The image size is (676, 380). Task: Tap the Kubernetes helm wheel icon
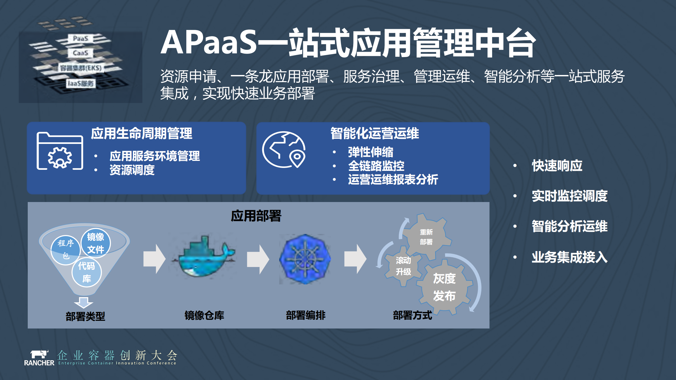(x=305, y=259)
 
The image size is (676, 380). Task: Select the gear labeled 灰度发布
(x=444, y=287)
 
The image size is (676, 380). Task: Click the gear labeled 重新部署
(x=426, y=237)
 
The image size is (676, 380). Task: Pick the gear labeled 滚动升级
(x=403, y=266)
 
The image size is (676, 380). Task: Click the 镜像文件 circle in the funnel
(x=96, y=243)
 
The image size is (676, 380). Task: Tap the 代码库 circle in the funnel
(x=87, y=272)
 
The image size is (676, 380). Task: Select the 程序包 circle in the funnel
(x=65, y=249)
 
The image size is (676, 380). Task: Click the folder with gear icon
(x=60, y=151)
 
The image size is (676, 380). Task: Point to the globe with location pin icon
(x=284, y=150)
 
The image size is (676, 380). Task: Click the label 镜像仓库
(x=204, y=315)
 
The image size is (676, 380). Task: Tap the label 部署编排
(x=306, y=315)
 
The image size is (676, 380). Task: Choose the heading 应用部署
(x=256, y=216)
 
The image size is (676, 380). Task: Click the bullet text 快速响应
(x=557, y=166)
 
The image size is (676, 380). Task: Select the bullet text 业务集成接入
(x=569, y=257)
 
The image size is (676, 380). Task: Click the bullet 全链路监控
(x=376, y=166)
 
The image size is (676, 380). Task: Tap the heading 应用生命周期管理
(x=141, y=133)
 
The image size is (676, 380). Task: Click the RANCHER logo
(x=39, y=358)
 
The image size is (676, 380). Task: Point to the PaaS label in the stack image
(x=80, y=39)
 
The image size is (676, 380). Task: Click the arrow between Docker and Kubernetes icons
(x=258, y=259)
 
